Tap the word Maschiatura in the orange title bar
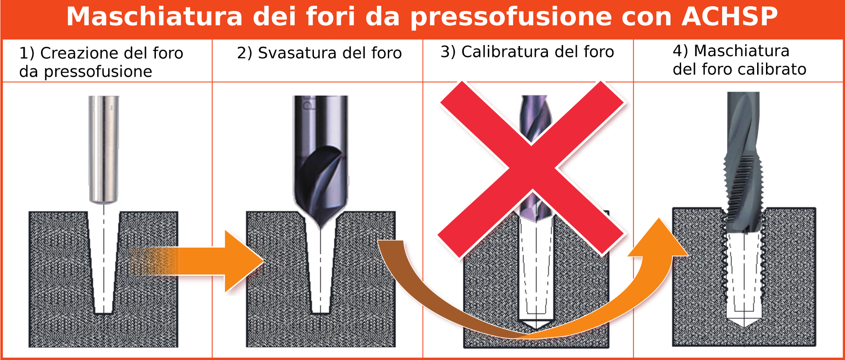click(155, 16)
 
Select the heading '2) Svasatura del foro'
click(319, 53)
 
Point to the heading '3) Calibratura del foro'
click(527, 52)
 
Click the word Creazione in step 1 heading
click(80, 53)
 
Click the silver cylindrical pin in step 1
click(104, 150)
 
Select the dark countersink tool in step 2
click(321, 161)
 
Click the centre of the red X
click(532, 168)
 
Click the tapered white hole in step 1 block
click(104, 262)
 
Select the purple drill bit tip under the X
click(534, 207)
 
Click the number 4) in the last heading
click(681, 51)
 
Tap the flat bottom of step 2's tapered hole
click(321, 313)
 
